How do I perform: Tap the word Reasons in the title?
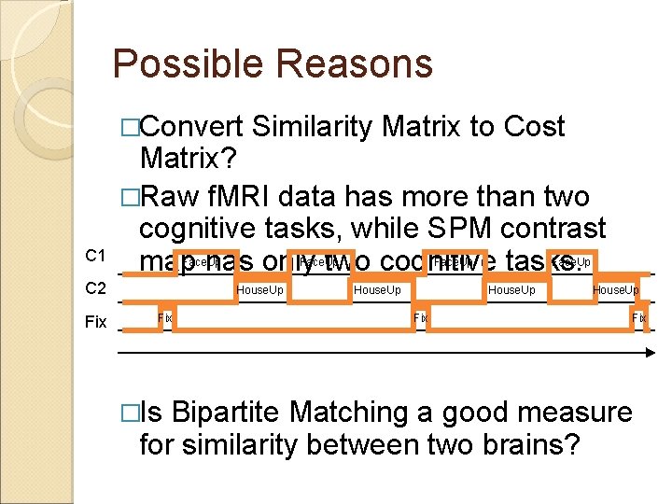(355, 65)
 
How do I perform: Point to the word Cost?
(533, 127)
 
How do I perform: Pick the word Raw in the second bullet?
(174, 197)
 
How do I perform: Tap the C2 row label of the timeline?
(95, 288)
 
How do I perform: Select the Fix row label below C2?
(95, 322)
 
